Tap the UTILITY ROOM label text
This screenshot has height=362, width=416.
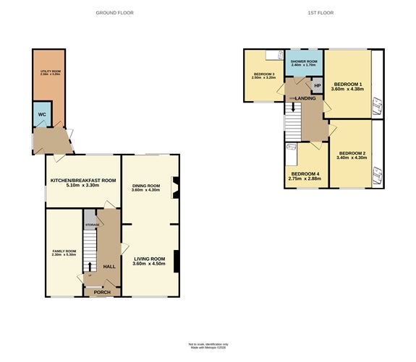(48, 72)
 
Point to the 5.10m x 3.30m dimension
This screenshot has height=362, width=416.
(82, 186)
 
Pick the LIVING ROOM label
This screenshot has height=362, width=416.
(149, 258)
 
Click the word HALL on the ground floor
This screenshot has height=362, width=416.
(109, 267)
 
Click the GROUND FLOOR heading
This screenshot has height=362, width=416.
(114, 13)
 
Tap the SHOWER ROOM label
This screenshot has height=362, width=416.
(304, 61)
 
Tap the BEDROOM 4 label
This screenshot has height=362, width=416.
(305, 173)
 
